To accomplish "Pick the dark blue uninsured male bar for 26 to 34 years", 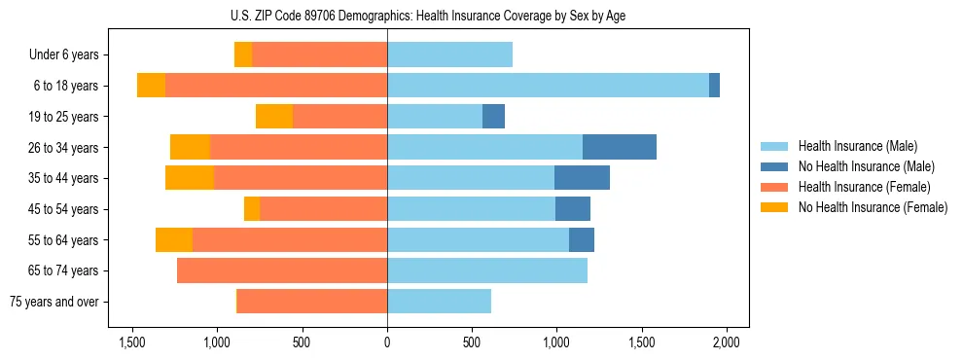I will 619,147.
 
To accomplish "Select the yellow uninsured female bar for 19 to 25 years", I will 274,117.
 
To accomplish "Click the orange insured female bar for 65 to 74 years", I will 282,270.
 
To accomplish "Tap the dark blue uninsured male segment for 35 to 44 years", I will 582,178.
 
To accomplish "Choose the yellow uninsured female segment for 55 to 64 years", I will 174,239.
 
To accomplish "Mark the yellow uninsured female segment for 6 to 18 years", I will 151,86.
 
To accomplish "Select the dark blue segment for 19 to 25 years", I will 493,117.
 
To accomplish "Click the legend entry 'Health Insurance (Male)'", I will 857,146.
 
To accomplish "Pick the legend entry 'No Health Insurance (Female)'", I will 872,207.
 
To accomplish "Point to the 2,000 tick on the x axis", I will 726,342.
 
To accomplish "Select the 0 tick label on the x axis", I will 387,342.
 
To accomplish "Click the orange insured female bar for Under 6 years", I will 319,55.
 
